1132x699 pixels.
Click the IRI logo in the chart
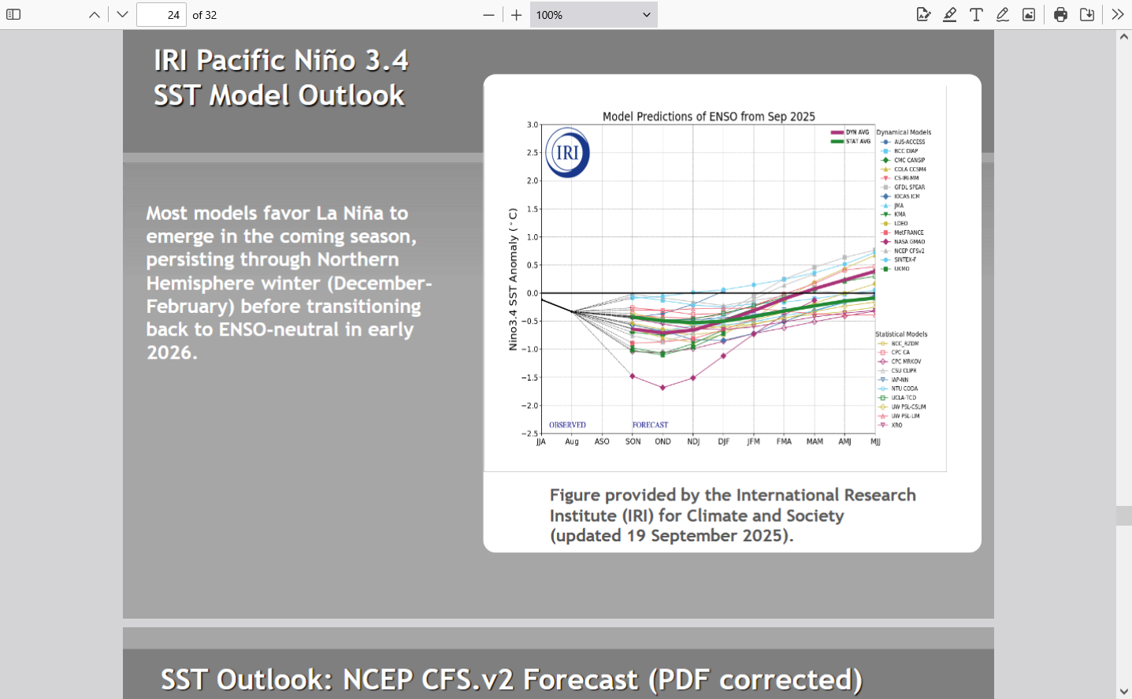[x=567, y=153]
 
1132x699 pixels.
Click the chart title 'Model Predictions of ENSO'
[x=708, y=117]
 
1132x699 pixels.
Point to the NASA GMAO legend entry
[x=909, y=242]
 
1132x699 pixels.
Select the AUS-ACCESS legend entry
[x=909, y=142]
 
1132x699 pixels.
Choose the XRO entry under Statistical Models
[x=896, y=425]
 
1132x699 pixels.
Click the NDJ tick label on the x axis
[x=693, y=442]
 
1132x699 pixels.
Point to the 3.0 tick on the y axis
[x=533, y=125]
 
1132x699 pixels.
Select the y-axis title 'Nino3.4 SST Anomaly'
[x=513, y=279]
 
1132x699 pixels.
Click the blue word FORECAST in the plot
[x=650, y=425]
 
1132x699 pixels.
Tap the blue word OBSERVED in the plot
[x=567, y=425]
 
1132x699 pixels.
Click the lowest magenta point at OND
[x=662, y=388]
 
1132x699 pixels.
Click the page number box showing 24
[x=161, y=15]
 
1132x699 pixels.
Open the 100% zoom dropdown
[x=593, y=15]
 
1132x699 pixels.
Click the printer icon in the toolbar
[x=1060, y=15]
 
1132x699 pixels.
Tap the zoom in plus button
[x=516, y=15]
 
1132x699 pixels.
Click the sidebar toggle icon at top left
[x=13, y=15]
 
